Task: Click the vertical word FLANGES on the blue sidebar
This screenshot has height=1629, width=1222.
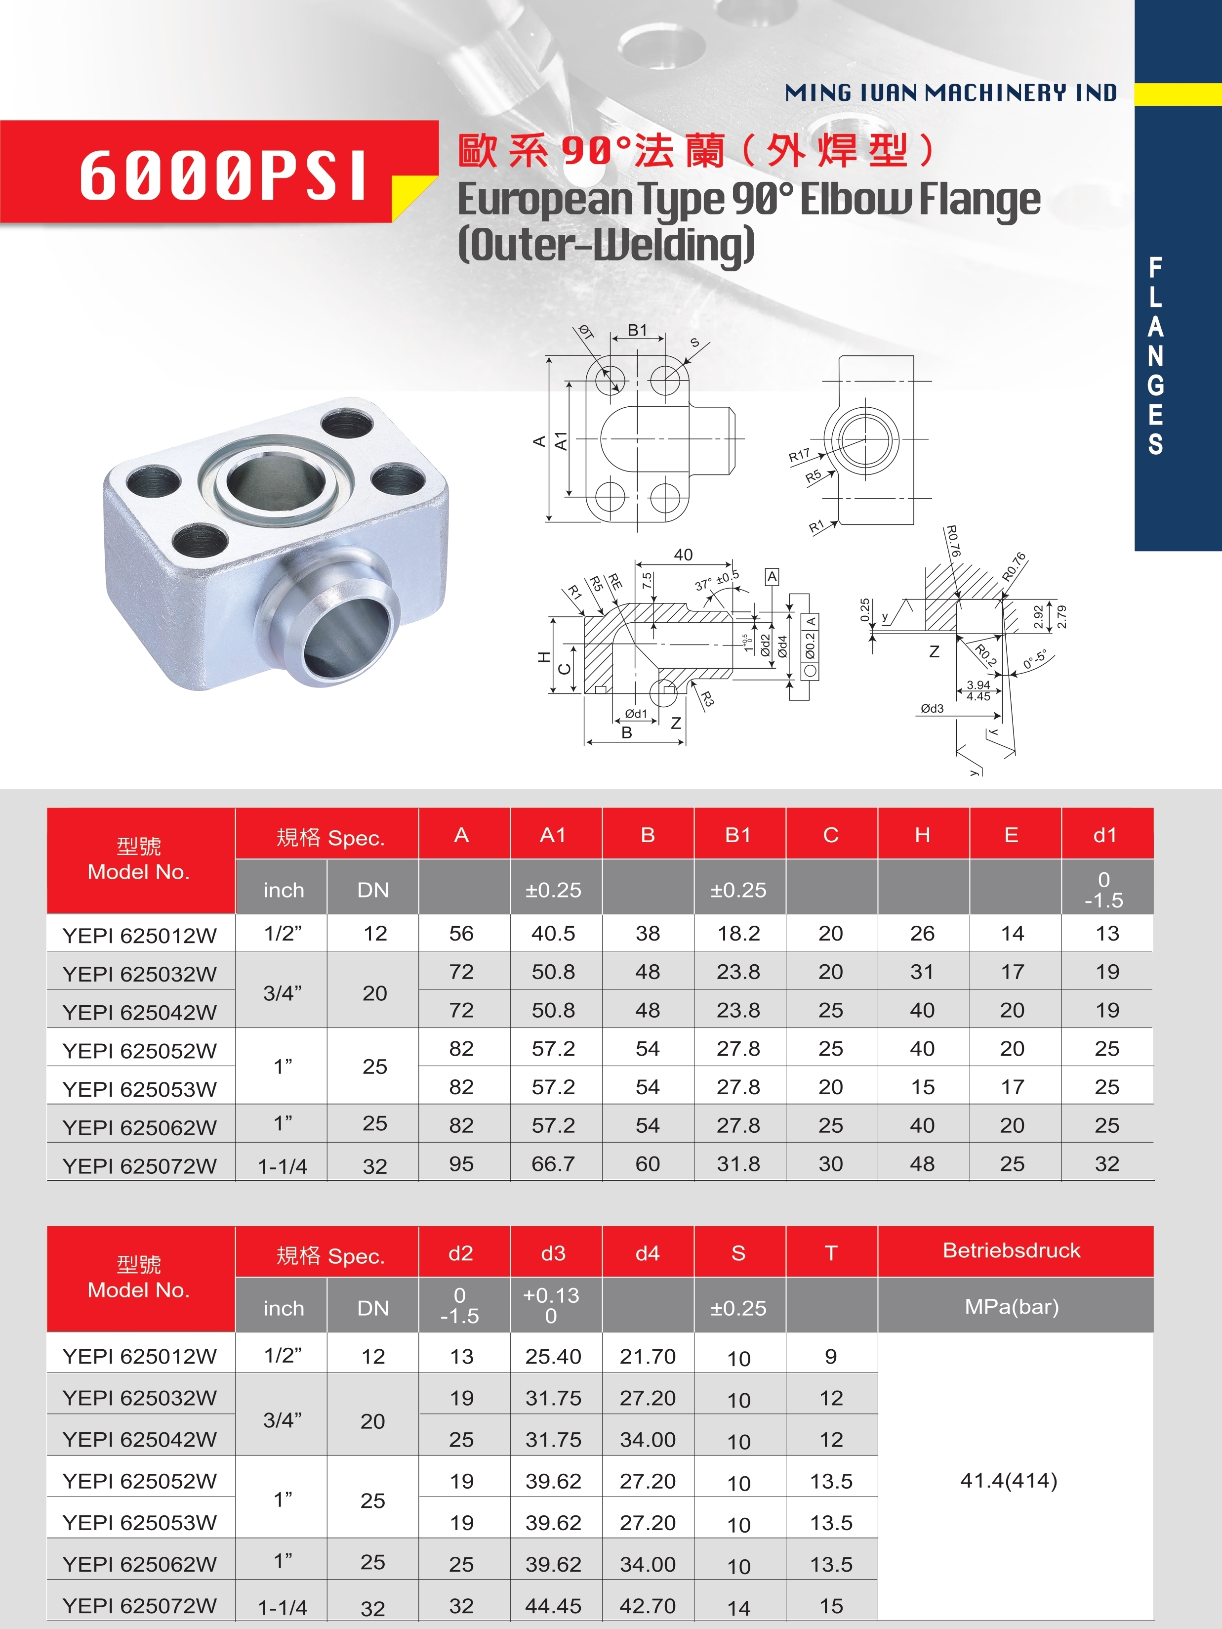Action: coord(1156,356)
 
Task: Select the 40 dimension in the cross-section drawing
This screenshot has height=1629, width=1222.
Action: coord(683,555)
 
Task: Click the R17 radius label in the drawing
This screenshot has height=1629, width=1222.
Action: coord(799,456)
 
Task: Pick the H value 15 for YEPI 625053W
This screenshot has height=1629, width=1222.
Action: coord(922,1087)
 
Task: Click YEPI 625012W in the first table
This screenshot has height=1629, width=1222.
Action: coord(140,935)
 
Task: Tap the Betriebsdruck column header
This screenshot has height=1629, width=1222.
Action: coord(1012,1250)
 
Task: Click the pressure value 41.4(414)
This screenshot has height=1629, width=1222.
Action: coord(1009,1480)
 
